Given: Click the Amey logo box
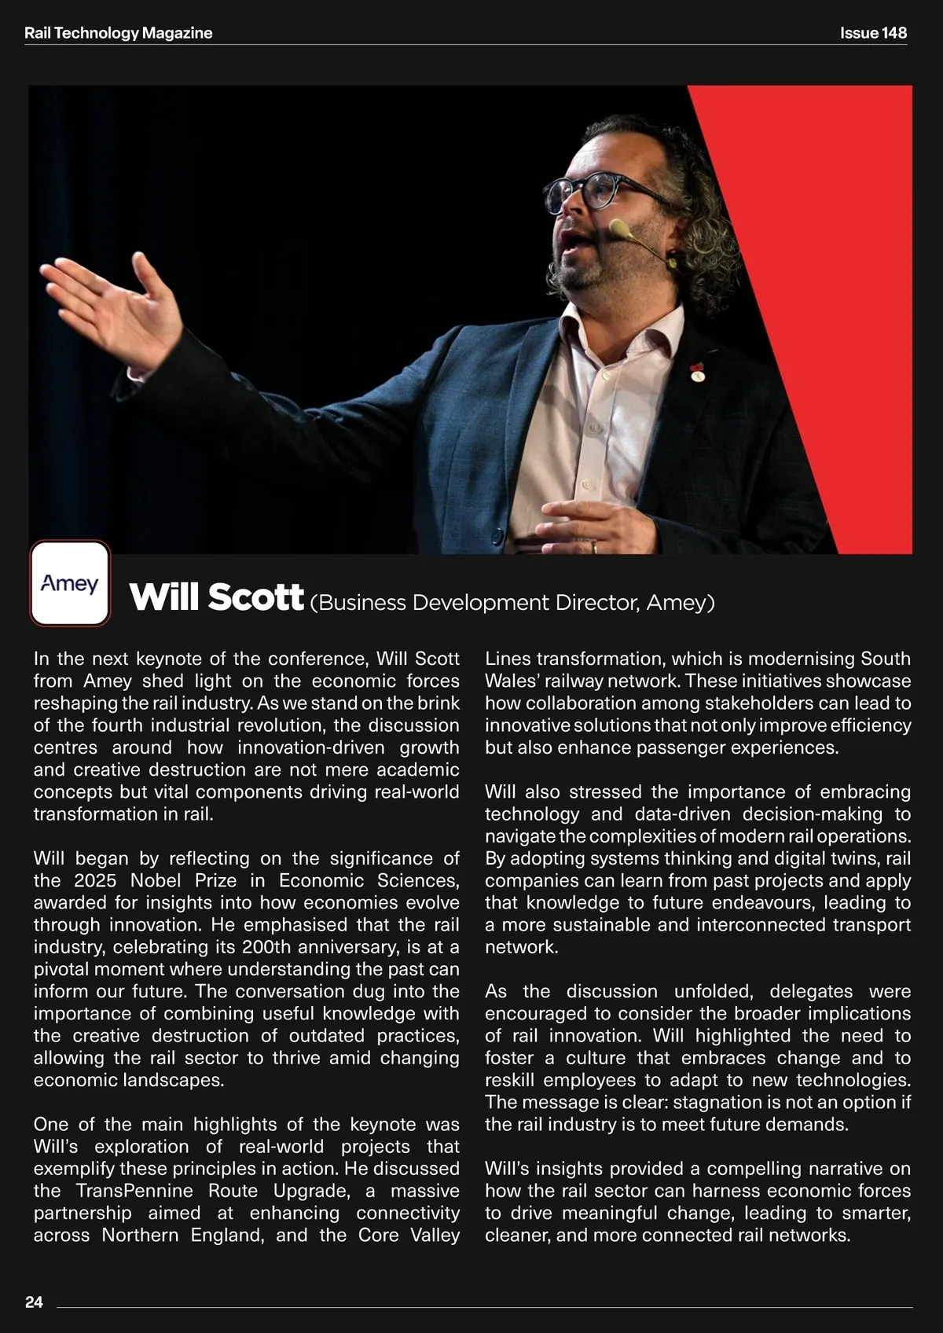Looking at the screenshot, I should coord(70,583).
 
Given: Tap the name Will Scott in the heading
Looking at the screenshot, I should coord(216,597).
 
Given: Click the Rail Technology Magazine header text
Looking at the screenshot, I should coord(119,33).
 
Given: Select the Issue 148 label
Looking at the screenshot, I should coord(873,33).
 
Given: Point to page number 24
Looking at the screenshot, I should coord(34,1302).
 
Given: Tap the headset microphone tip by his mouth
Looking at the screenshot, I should coord(618,230).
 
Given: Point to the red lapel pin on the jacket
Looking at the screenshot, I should coord(695,368).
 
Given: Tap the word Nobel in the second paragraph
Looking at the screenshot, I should coord(157,880).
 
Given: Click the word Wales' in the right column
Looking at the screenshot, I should coord(509,681).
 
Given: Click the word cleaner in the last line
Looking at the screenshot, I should coord(516,1235).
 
